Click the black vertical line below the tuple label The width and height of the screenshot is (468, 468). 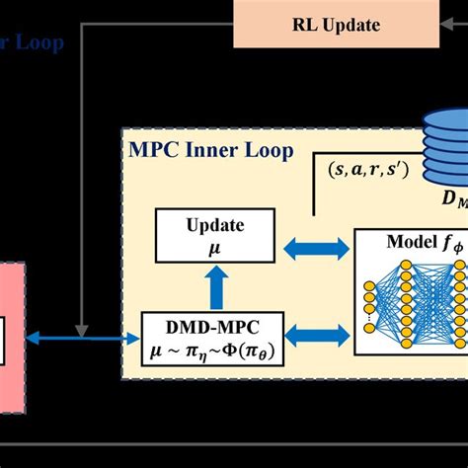click(313, 196)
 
